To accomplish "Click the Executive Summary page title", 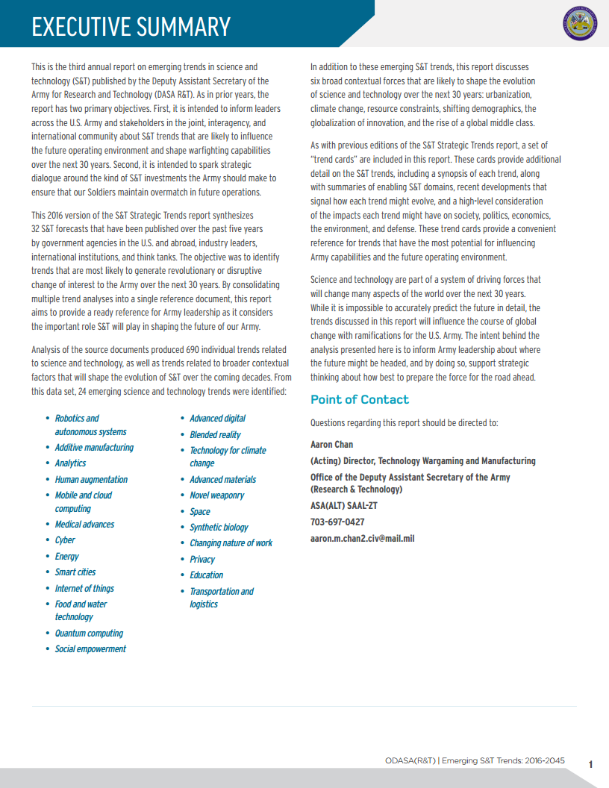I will (131, 28).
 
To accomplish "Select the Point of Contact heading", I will (359, 400).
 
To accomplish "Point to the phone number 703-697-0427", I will (337, 522).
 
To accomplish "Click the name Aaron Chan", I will (331, 445).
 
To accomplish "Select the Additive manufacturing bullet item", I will (94, 448).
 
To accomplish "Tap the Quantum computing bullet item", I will (89, 634).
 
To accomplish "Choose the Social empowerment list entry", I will (90, 649).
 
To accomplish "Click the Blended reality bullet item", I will (215, 434).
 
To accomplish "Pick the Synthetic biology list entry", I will (219, 528).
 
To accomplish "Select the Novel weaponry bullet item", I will (216, 495).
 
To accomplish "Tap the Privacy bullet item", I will (202, 559).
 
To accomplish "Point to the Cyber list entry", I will (65, 540).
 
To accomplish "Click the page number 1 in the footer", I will (590, 764).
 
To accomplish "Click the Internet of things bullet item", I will (84, 589).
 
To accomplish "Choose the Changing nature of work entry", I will (231, 543).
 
